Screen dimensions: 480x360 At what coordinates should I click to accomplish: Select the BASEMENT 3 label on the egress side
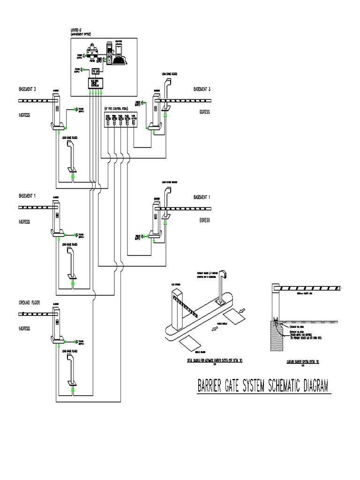tap(202, 89)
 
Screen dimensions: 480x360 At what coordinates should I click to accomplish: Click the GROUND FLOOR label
tap(29, 303)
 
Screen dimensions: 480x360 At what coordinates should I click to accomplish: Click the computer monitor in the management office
tap(118, 48)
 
